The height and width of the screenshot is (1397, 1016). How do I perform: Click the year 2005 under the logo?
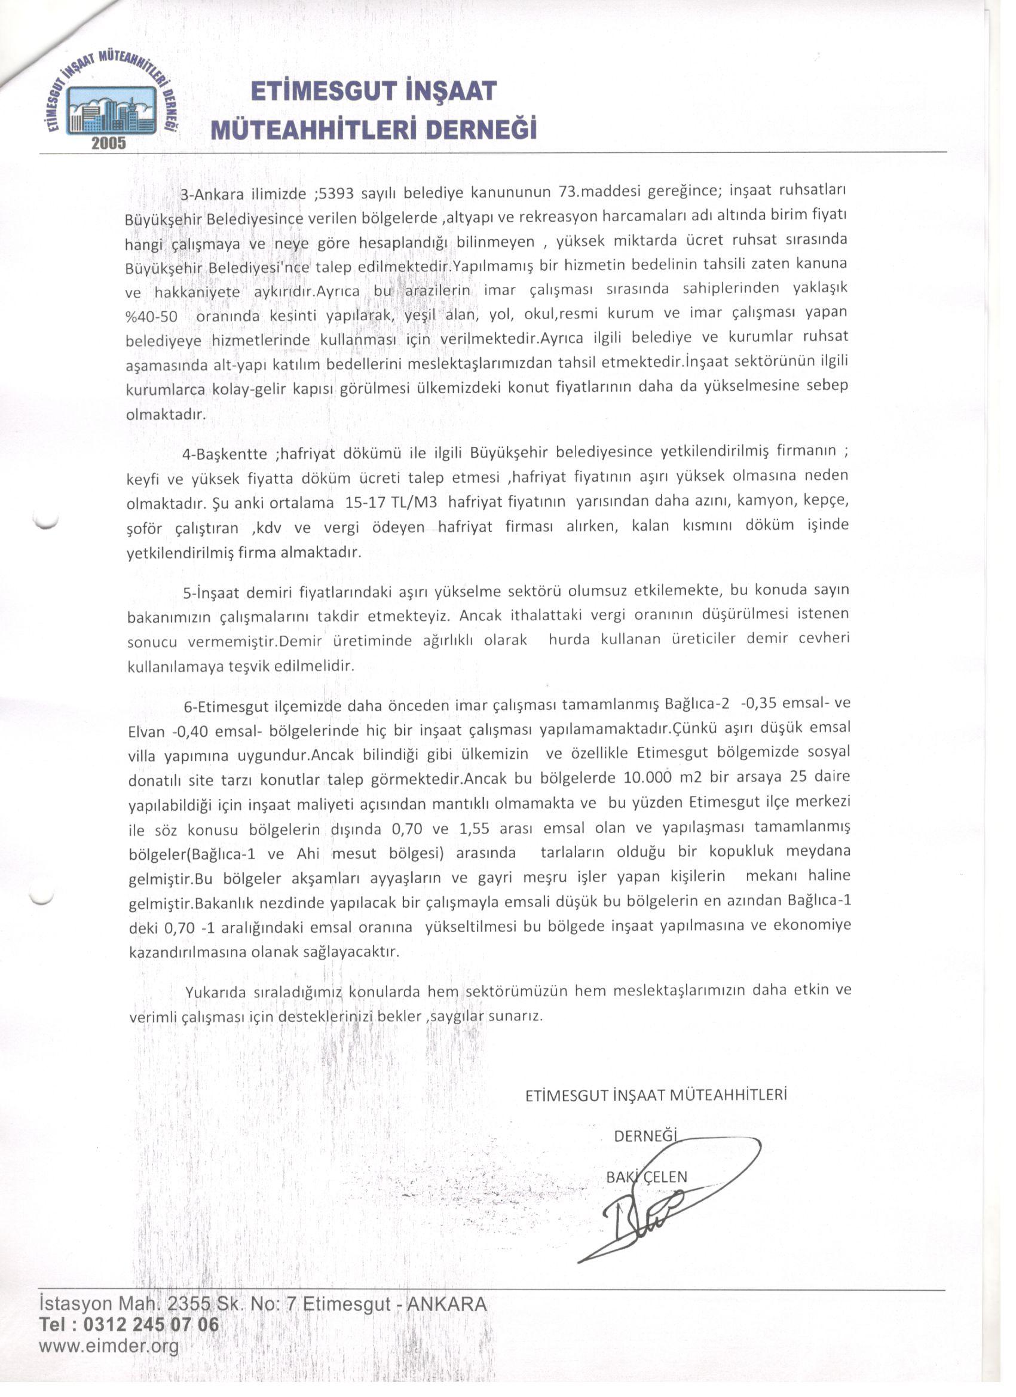(x=108, y=143)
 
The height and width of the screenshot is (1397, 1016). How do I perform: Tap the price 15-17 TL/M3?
(x=391, y=503)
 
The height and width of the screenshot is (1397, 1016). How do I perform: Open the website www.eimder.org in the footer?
(x=108, y=1346)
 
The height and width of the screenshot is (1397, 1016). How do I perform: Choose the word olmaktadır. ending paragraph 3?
(x=165, y=415)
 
